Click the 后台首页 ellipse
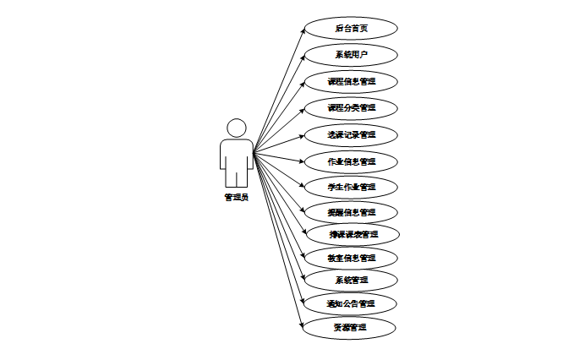pyautogui.click(x=351, y=28)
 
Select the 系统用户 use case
pyautogui.click(x=351, y=55)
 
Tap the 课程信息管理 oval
pyautogui.click(x=351, y=82)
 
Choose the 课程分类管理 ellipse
pyautogui.click(x=351, y=108)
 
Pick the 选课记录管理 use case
pyautogui.click(x=351, y=134)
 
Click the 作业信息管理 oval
pyautogui.click(x=351, y=161)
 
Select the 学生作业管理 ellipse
pyautogui.click(x=351, y=186)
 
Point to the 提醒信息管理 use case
pyautogui.click(x=351, y=211)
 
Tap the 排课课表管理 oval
pyautogui.click(x=353, y=234)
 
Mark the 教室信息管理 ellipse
pyautogui.click(x=351, y=257)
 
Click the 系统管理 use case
pyautogui.click(x=351, y=280)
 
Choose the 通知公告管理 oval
pyautogui.click(x=351, y=303)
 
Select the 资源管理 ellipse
pyautogui.click(x=351, y=326)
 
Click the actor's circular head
pyautogui.click(x=237, y=128)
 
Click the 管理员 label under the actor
pyautogui.click(x=237, y=197)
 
